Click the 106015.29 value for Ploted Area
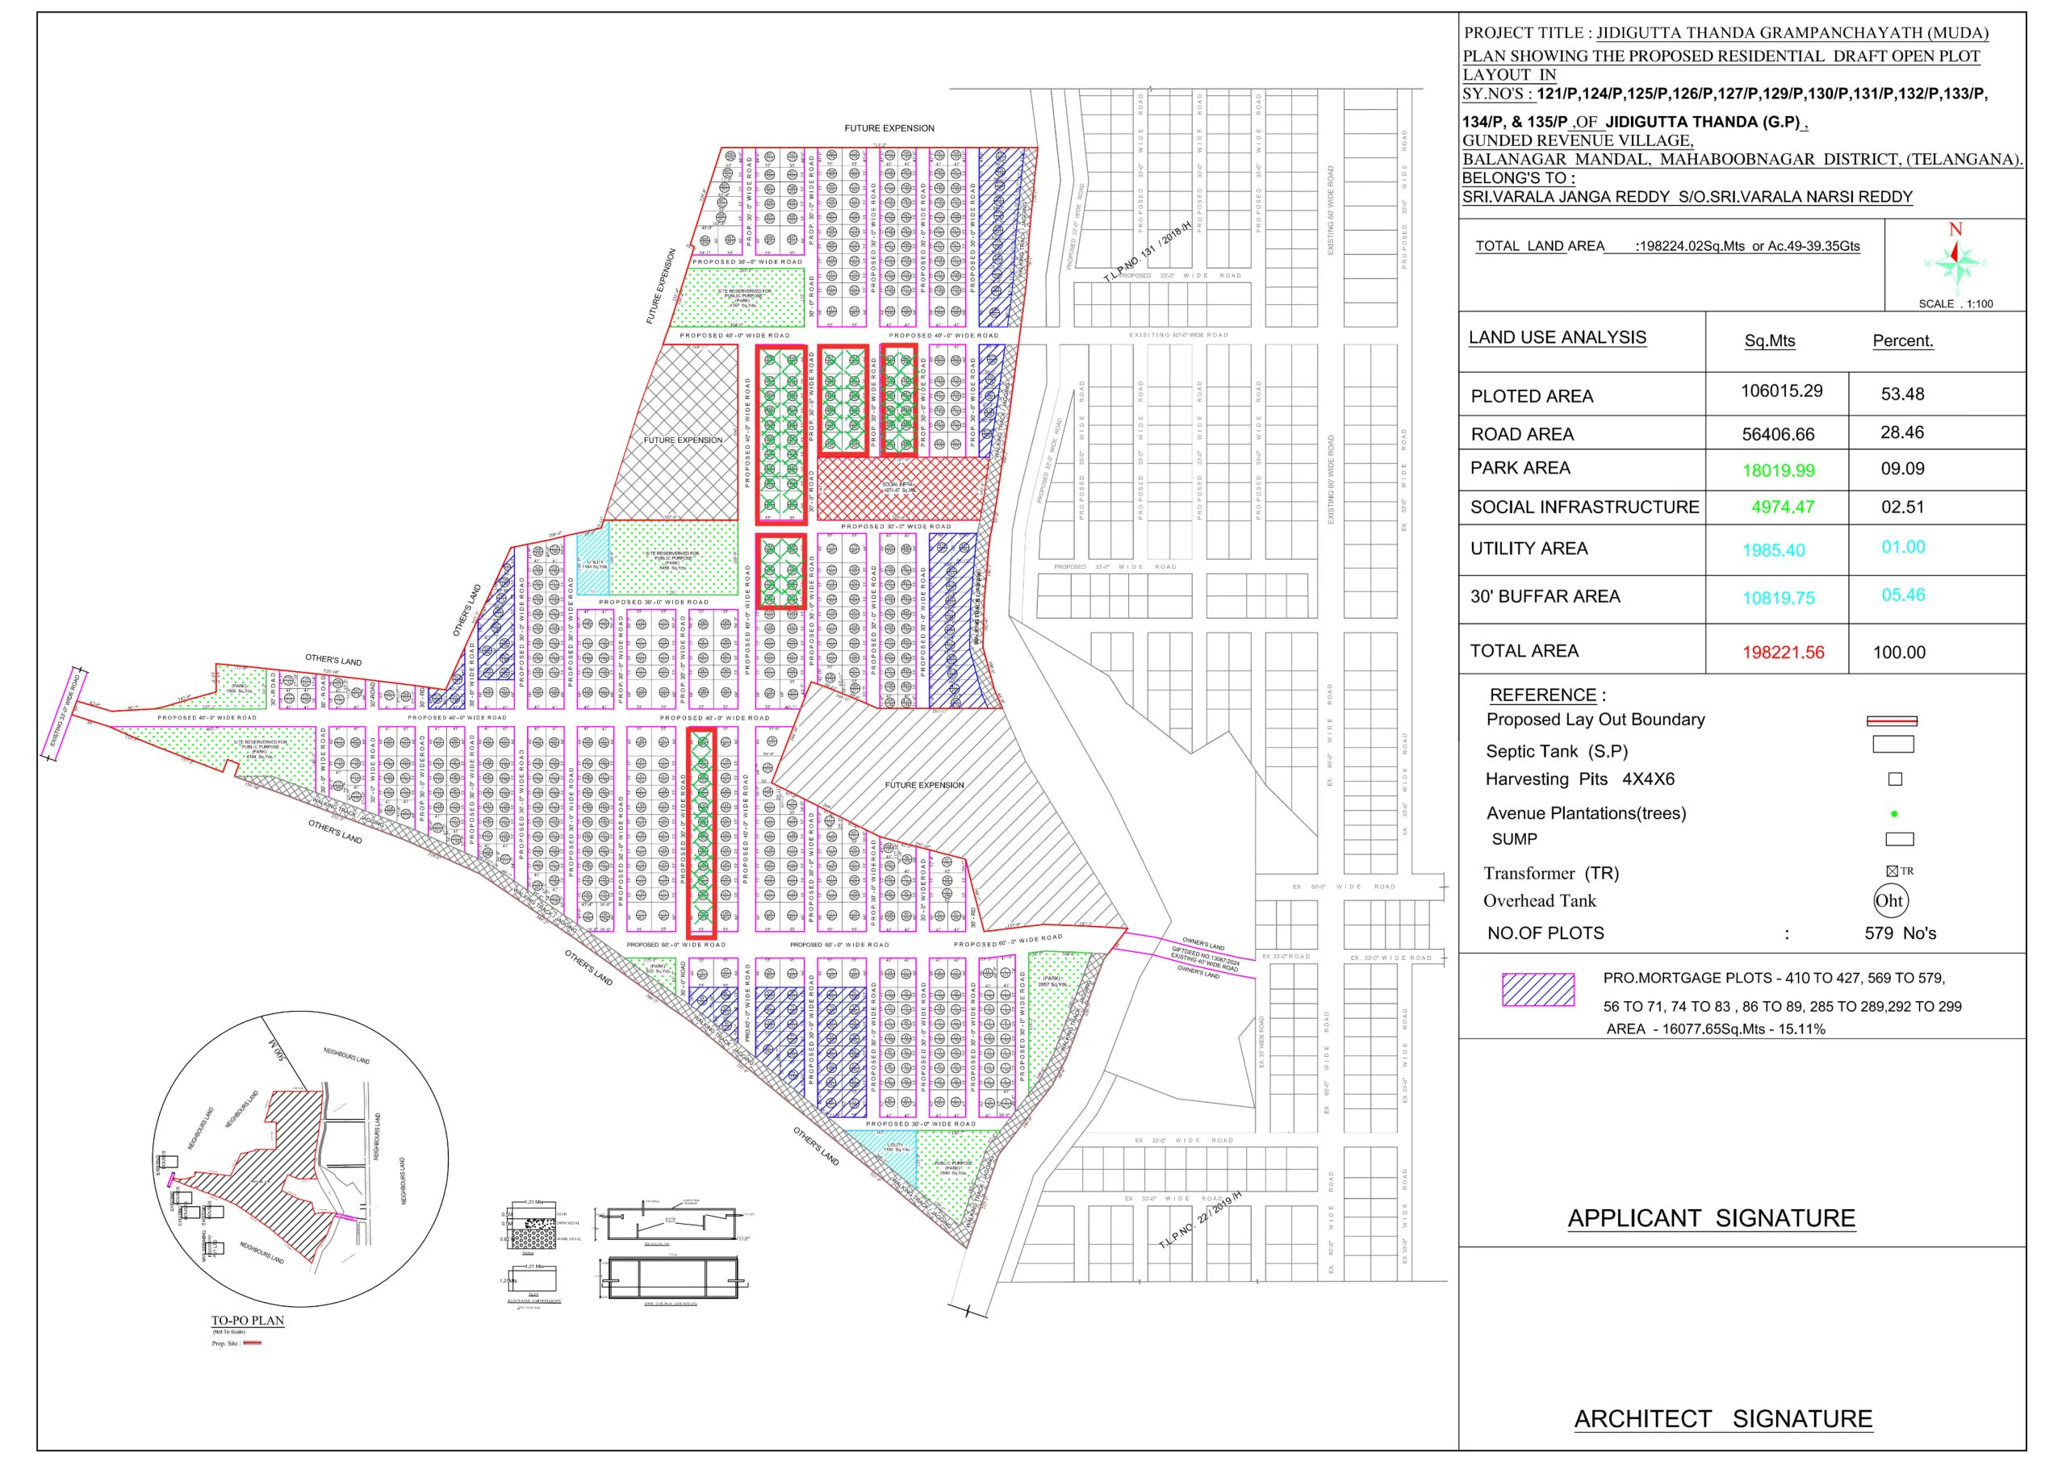(1782, 391)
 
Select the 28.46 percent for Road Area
(1902, 432)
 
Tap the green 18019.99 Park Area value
(1778, 470)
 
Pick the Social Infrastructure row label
(1584, 507)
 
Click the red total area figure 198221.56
(1784, 652)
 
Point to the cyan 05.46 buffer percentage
(1903, 595)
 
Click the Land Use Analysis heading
(1558, 337)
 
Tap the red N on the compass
(1955, 230)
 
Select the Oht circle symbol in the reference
(1888, 900)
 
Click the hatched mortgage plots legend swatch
(1538, 990)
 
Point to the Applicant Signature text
(1712, 1218)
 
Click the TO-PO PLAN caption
(248, 1321)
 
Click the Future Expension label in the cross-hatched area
(683, 440)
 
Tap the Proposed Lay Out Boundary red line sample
(1892, 720)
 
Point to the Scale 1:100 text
(1955, 304)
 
